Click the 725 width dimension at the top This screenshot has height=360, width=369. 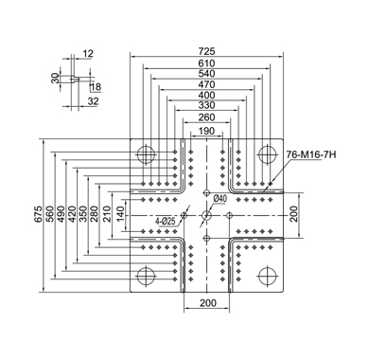pos(206,51)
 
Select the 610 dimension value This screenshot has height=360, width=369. pos(206,63)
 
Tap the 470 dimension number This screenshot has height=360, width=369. pos(206,84)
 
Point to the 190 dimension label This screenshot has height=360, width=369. pos(206,131)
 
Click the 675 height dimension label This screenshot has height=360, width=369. pos(38,214)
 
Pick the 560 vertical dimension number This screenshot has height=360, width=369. pos(49,214)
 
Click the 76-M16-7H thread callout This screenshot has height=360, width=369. pos(311,154)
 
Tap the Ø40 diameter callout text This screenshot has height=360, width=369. pos(220,199)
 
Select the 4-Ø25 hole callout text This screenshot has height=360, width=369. pos(165,222)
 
